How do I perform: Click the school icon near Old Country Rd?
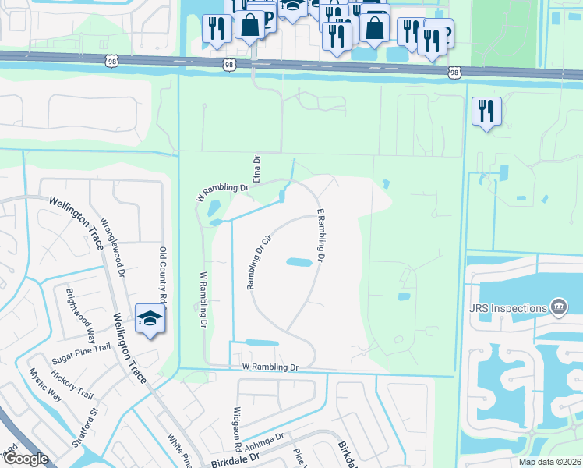[x=149, y=318]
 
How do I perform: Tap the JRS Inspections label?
[x=507, y=308]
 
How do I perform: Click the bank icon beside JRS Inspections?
[x=559, y=308]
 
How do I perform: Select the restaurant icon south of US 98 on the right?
[x=486, y=112]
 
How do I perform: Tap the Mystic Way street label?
[x=44, y=384]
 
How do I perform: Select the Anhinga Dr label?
[x=265, y=446]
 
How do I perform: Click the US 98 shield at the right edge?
[x=455, y=72]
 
